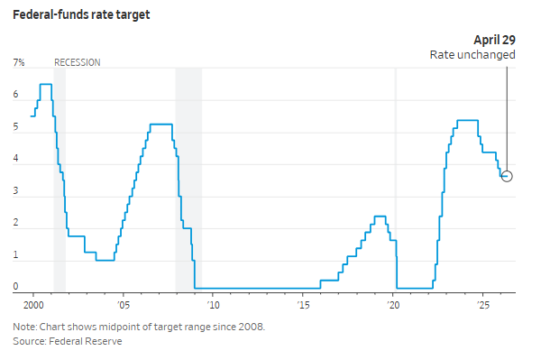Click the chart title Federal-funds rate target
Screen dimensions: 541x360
pyautogui.click(x=81, y=14)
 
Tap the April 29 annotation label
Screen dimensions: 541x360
pyautogui.click(x=494, y=40)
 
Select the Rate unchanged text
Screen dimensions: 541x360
pyautogui.click(x=472, y=55)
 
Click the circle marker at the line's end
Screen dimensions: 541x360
pyautogui.click(x=507, y=176)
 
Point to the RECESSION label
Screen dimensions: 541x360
pyautogui.click(x=78, y=62)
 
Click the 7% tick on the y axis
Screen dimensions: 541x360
pyautogui.click(x=19, y=62)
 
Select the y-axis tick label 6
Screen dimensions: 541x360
pyautogui.click(x=15, y=94)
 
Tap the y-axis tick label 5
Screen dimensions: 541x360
pyautogui.click(x=15, y=126)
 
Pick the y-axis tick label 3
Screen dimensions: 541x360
pyautogui.click(x=15, y=190)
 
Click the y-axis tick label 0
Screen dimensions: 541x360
pyautogui.click(x=15, y=286)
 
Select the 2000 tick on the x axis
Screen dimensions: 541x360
pyautogui.click(x=33, y=305)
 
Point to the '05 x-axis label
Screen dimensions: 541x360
pyautogui.click(x=124, y=305)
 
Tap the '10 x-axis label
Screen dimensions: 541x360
pyautogui.click(x=213, y=305)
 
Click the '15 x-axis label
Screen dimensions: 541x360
pyautogui.click(x=303, y=305)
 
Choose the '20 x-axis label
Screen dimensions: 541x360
pyautogui.click(x=392, y=305)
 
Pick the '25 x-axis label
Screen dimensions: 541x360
pyautogui.click(x=482, y=305)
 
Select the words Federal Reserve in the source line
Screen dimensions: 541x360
pyautogui.click(x=86, y=341)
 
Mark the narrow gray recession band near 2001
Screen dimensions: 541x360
pyautogui.click(x=60, y=180)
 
